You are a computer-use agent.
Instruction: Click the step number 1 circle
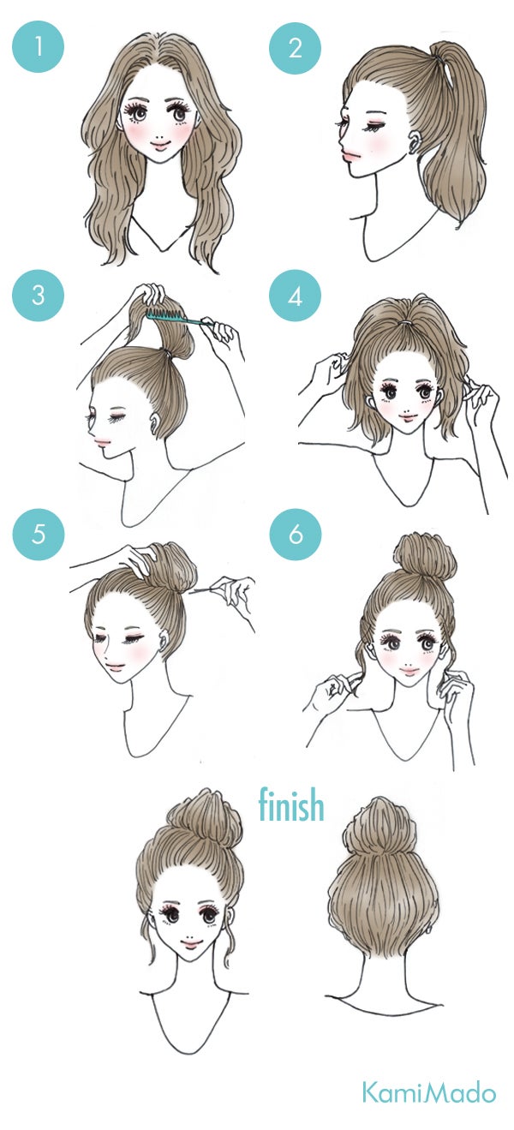(x=38, y=47)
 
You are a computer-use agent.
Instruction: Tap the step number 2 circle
(x=295, y=47)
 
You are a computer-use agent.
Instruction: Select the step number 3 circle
(x=38, y=296)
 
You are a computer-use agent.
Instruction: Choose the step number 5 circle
(x=38, y=535)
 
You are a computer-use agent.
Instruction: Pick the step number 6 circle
(x=295, y=535)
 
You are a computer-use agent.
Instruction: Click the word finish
(x=291, y=805)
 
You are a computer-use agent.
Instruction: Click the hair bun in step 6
(x=424, y=559)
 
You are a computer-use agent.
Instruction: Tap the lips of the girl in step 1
(x=162, y=145)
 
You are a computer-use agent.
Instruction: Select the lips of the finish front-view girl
(x=191, y=942)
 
